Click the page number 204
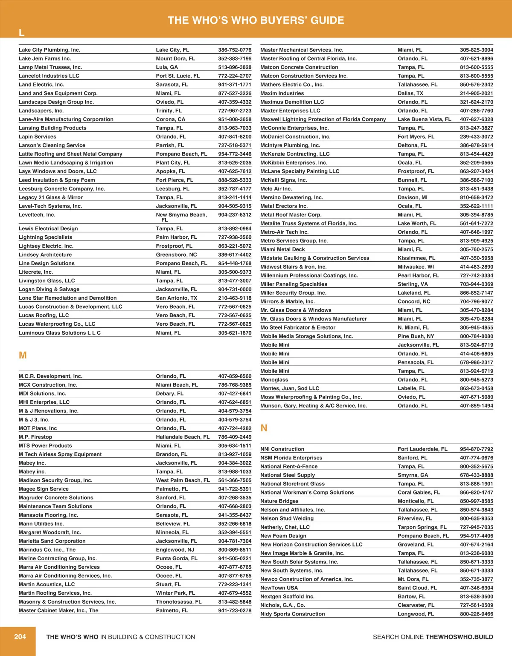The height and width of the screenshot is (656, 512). click(20, 637)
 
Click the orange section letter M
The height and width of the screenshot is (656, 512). click(23, 355)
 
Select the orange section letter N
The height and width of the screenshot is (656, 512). click(264, 428)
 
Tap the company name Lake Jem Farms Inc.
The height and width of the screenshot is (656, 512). click(45, 58)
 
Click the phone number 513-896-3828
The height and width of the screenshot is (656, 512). click(235, 67)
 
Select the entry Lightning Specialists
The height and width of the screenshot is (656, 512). click(46, 237)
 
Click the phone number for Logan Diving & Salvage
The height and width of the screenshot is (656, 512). click(235, 289)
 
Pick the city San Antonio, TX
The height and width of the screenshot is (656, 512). click(177, 298)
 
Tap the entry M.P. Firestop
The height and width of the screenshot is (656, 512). click(35, 437)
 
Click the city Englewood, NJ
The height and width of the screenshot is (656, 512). click(175, 550)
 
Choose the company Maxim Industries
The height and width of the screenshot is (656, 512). click(282, 93)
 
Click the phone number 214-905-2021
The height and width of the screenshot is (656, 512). click(476, 93)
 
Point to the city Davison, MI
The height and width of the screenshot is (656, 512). click(413, 197)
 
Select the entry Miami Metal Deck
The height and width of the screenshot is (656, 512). click(283, 249)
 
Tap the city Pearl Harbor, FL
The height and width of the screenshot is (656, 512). click(419, 275)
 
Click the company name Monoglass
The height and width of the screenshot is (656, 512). click(274, 380)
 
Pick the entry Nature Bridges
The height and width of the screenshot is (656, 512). click(279, 501)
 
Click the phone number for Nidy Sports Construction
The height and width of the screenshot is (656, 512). click(476, 614)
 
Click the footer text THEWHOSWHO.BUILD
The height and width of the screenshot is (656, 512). click(459, 637)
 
